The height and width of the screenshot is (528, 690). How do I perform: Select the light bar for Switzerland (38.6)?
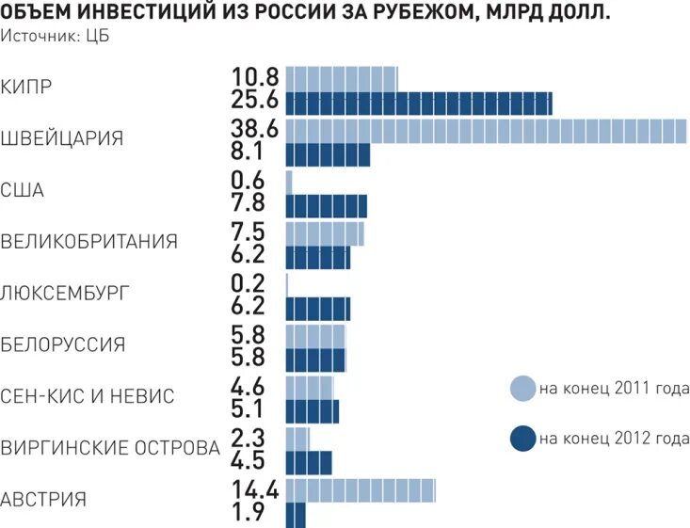(x=486, y=131)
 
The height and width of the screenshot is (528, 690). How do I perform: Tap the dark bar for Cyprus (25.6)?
(x=418, y=104)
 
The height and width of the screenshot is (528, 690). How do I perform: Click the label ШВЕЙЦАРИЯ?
(x=62, y=138)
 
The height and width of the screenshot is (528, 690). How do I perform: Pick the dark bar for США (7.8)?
(x=326, y=206)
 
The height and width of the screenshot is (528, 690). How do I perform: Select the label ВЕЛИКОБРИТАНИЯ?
(x=89, y=242)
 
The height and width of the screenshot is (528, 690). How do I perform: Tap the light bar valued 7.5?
(x=324, y=232)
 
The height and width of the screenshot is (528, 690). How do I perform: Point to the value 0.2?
(x=248, y=282)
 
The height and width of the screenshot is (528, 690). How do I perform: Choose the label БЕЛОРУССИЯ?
(x=63, y=344)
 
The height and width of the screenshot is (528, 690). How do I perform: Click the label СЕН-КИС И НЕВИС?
(x=88, y=396)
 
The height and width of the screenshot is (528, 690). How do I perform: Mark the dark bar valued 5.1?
(x=312, y=411)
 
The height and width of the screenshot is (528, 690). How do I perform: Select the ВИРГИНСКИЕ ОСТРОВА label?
(x=111, y=448)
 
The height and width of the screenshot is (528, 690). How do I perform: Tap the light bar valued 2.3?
(x=297, y=438)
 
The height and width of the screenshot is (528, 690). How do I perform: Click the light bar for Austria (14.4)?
(x=360, y=489)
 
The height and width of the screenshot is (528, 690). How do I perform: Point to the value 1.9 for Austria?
(x=249, y=514)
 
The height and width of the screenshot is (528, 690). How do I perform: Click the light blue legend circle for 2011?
(x=522, y=388)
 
